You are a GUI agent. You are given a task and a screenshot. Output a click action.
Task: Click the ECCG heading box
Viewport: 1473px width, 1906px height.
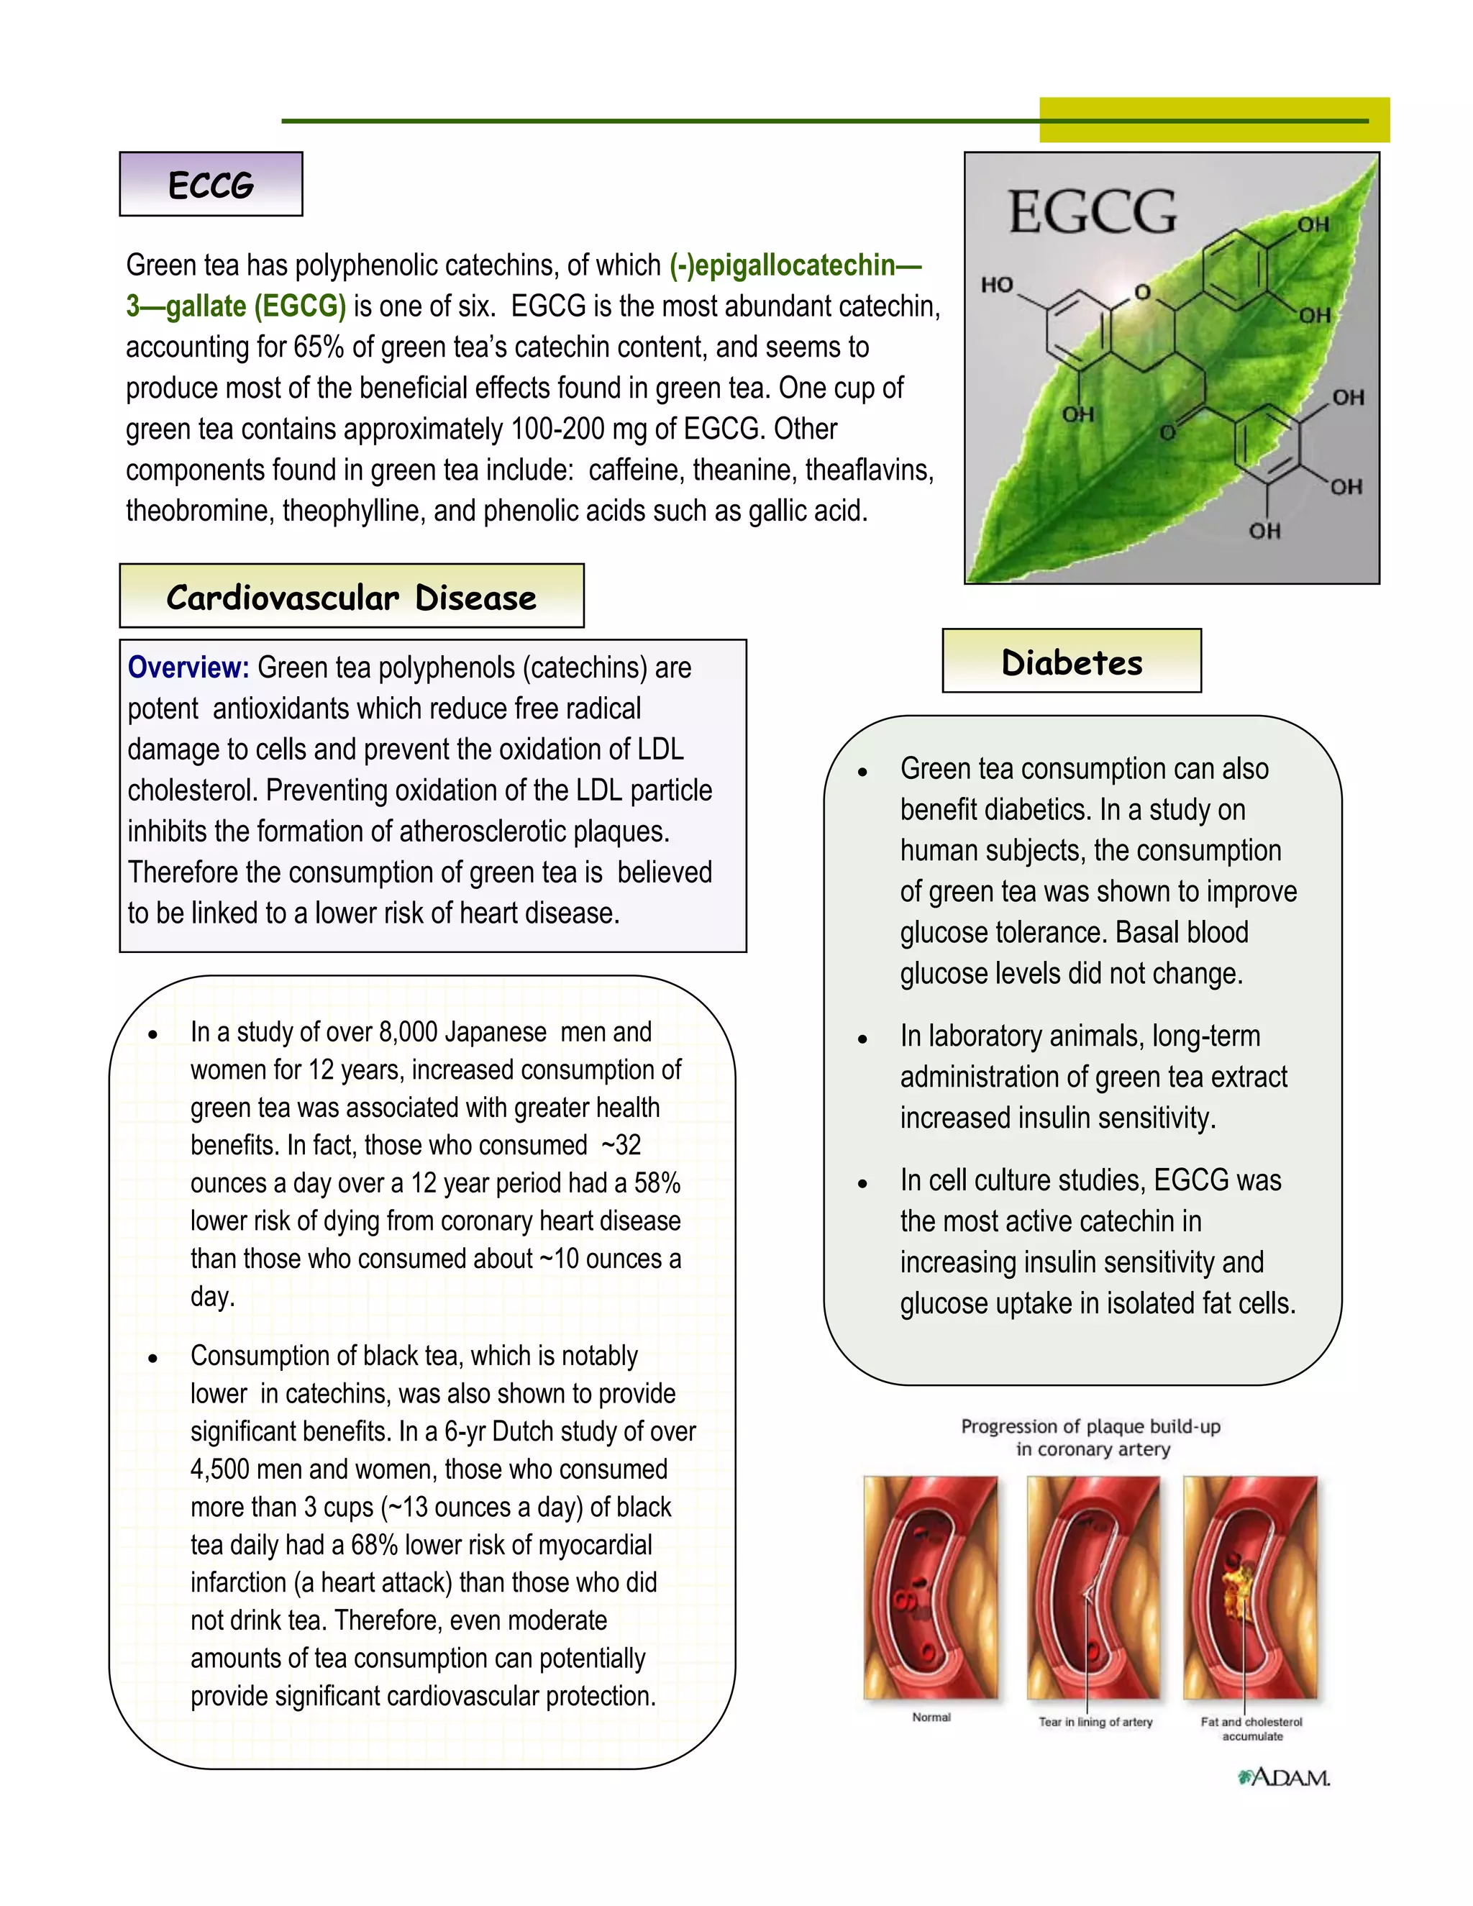[x=211, y=185]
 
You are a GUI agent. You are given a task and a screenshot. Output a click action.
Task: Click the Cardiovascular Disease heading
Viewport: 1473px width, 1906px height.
[x=351, y=598]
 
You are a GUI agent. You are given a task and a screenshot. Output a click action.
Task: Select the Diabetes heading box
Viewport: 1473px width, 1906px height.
[x=1072, y=662]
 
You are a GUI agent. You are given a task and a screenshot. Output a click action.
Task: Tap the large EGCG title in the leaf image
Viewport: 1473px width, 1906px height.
[x=1093, y=212]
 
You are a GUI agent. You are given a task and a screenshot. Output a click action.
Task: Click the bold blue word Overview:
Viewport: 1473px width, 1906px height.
[x=188, y=667]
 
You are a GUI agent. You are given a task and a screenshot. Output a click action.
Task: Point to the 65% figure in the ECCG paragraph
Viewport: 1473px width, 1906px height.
[x=319, y=347]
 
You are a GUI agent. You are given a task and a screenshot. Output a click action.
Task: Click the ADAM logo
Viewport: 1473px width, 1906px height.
[x=1284, y=1778]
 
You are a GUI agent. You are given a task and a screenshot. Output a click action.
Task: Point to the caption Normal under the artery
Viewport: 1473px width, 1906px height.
[x=931, y=1717]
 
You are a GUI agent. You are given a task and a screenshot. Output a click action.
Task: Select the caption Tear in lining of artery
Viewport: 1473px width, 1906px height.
[x=1095, y=1722]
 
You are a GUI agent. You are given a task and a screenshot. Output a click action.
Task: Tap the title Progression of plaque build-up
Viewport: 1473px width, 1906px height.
[x=1091, y=1426]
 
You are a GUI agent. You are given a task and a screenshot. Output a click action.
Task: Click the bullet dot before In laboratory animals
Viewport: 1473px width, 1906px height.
[x=862, y=1039]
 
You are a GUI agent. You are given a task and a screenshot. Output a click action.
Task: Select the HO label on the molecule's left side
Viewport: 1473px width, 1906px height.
[x=997, y=285]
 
